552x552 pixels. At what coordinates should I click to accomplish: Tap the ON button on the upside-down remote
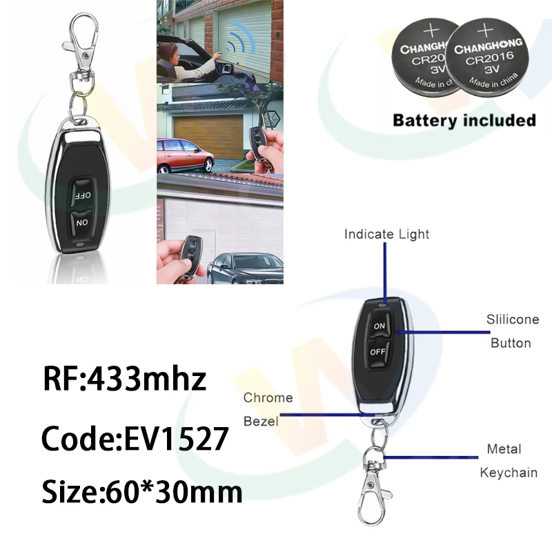point(81,223)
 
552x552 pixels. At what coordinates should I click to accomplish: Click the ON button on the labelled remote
point(379,325)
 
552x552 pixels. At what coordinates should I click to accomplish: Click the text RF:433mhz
point(125,379)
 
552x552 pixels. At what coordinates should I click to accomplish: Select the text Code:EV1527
point(134,437)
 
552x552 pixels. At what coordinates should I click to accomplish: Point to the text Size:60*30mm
point(142,493)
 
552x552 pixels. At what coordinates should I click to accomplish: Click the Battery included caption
point(464,120)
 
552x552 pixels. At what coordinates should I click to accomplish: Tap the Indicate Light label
point(386,235)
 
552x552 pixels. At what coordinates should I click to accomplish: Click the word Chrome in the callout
point(268,398)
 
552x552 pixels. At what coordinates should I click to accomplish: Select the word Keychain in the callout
point(509,473)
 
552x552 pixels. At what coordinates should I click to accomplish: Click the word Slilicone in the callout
point(509,320)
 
